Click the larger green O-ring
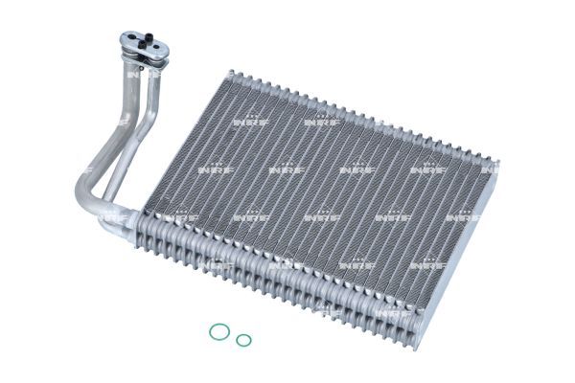219,332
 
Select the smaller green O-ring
244,340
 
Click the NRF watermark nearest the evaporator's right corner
464,217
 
